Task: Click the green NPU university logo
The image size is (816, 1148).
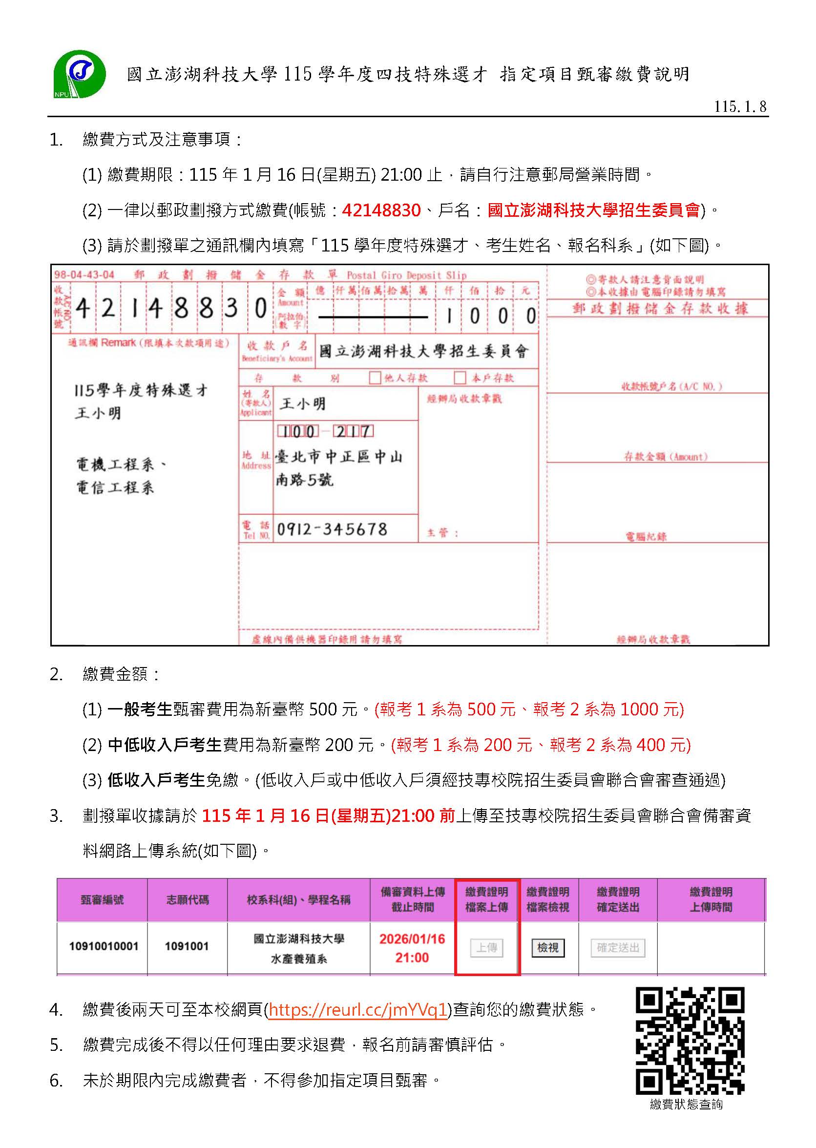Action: [x=80, y=74]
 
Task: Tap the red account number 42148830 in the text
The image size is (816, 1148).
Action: [x=381, y=210]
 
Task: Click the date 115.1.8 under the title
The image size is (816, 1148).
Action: [x=740, y=106]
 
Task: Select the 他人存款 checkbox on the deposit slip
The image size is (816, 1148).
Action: [x=375, y=377]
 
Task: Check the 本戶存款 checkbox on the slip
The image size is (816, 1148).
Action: [x=459, y=377]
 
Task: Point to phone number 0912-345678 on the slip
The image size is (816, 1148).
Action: [x=332, y=529]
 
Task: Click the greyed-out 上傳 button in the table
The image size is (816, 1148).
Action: [x=486, y=947]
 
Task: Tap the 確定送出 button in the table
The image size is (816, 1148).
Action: [x=618, y=947]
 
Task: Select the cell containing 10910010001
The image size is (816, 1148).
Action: [x=104, y=946]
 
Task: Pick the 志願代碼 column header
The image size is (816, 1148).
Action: [x=188, y=900]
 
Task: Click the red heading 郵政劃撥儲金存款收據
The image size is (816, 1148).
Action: [x=660, y=309]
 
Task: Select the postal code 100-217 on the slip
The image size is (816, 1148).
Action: [x=325, y=432]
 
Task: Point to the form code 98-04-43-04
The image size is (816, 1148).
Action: [x=84, y=275]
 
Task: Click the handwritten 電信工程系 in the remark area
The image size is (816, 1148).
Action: [x=115, y=487]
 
